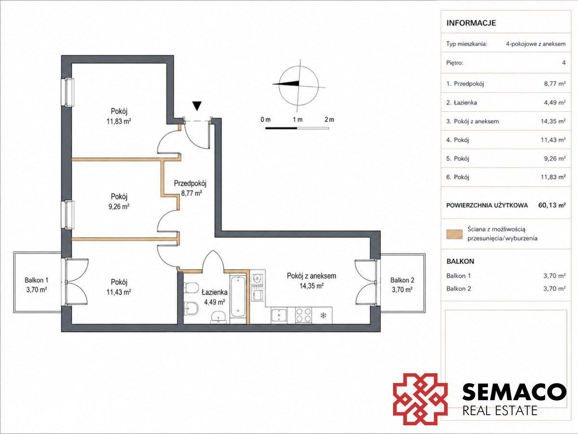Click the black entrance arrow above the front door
coord(197,106)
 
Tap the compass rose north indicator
coord(286,83)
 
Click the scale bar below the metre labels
coord(297,128)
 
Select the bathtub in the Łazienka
coord(238,297)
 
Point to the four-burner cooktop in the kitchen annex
coord(303,315)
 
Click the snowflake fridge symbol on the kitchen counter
coord(322,315)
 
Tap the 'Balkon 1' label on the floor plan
coord(36,280)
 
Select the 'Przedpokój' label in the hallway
coord(190,183)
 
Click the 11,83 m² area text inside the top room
coord(119,122)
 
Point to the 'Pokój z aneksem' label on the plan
coord(312,276)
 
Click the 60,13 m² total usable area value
coord(552,205)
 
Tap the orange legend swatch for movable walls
coord(455,234)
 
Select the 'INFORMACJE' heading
coord(471,23)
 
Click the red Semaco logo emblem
coord(420,399)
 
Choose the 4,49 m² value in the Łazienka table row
coord(555,103)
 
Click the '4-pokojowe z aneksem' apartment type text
coord(536,44)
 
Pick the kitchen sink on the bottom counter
coord(279,315)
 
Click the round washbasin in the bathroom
coord(218,316)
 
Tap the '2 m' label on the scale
coord(329,120)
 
